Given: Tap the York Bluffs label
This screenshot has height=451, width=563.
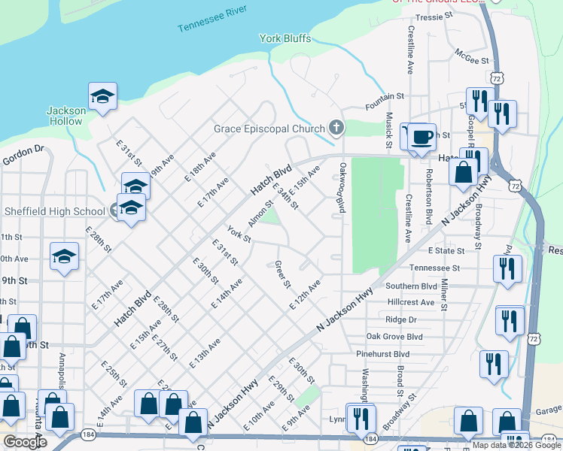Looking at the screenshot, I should pos(285,38).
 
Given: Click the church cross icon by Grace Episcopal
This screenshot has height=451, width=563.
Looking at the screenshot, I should pos(336,129).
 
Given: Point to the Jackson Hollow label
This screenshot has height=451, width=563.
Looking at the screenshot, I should pos(65,116).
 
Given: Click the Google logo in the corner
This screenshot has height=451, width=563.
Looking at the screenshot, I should pos(25,442).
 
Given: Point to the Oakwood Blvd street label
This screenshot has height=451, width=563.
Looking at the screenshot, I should pos(342,188).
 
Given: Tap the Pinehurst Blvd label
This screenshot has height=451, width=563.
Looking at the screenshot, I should pos(382,354).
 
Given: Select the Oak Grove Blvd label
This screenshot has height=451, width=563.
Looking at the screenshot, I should pos(394,337).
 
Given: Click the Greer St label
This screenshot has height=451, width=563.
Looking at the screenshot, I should pos(283,274).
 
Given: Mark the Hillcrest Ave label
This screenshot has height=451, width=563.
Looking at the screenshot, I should pos(411,302).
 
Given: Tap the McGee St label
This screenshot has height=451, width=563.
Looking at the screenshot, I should pos(472,56).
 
